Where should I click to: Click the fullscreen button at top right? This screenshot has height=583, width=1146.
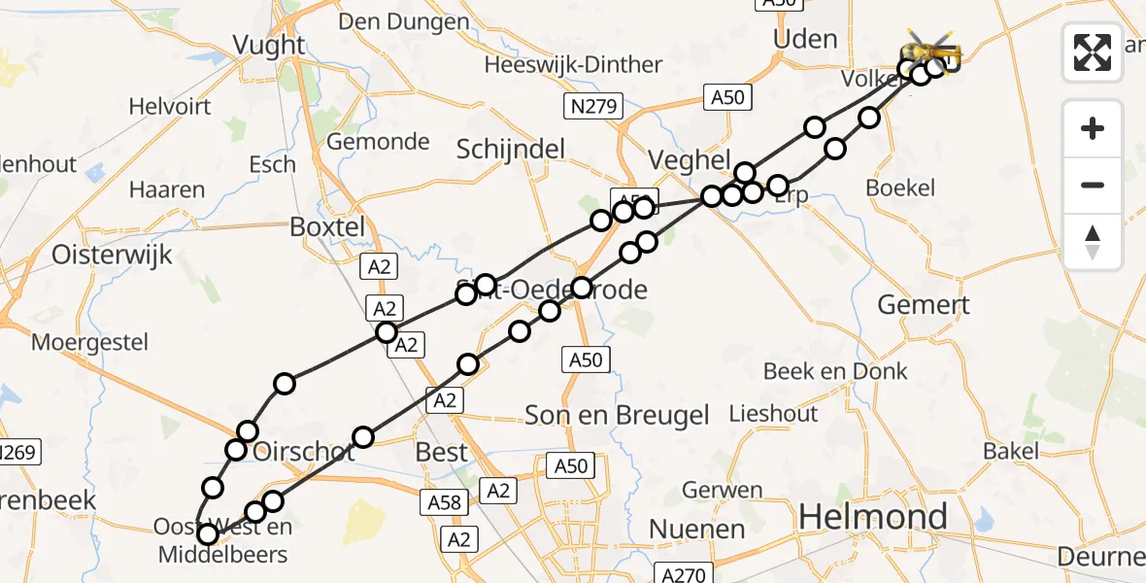click(x=1093, y=52)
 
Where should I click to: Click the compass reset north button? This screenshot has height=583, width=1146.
click(x=1093, y=241)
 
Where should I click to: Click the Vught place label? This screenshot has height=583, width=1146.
click(x=269, y=45)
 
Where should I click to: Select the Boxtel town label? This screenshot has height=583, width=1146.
click(x=327, y=227)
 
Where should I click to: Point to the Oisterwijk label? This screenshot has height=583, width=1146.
click(x=113, y=255)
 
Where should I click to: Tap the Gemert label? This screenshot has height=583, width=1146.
click(x=923, y=305)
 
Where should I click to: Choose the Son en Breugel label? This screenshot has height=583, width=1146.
click(x=618, y=416)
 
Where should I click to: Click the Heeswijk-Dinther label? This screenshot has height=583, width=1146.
click(x=573, y=65)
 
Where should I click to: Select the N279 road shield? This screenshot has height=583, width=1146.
click(x=592, y=107)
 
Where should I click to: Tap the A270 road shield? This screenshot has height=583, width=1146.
click(x=684, y=574)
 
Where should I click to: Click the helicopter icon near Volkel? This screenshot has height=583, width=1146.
click(x=931, y=50)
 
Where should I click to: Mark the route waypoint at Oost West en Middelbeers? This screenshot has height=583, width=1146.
click(x=207, y=533)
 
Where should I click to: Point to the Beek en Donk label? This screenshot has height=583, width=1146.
click(x=835, y=371)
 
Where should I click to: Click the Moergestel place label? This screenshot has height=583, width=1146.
click(x=89, y=342)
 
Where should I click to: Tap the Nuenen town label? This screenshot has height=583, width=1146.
click(x=696, y=530)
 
